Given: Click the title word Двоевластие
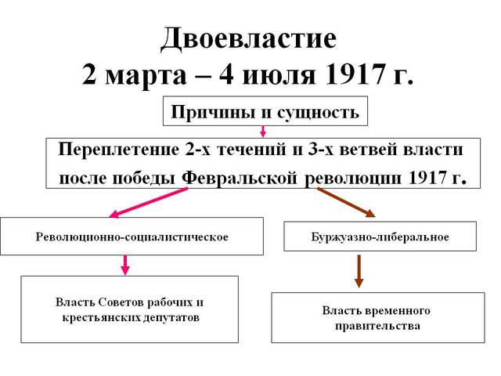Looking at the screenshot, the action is [250, 38].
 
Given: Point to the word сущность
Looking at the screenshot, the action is [320, 112].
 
